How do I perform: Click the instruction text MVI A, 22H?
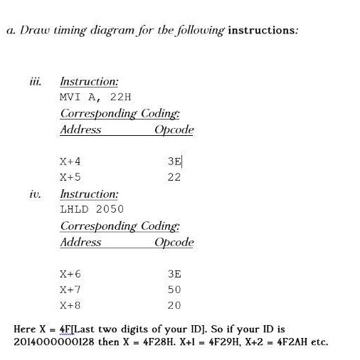pyautogui.click(x=96, y=97)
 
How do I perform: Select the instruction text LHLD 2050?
pyautogui.click(x=92, y=208)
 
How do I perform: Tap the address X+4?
pyautogui.click(x=70, y=162)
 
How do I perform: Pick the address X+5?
pyautogui.click(x=70, y=177)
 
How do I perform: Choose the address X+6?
pyautogui.click(x=70, y=274)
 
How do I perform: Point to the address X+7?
pyautogui.click(x=70, y=290)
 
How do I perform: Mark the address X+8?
pyautogui.click(x=70, y=305)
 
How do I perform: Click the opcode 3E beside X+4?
pyautogui.click(x=174, y=162)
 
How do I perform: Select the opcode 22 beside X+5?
pyautogui.click(x=174, y=177)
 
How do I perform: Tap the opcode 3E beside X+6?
pyautogui.click(x=174, y=274)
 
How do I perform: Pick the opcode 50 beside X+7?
pyautogui.click(x=174, y=290)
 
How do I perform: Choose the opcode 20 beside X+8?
pyautogui.click(x=174, y=305)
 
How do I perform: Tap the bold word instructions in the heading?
pyautogui.click(x=262, y=31)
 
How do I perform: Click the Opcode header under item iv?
pyautogui.click(x=174, y=243)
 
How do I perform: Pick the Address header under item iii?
pyautogui.click(x=80, y=130)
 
